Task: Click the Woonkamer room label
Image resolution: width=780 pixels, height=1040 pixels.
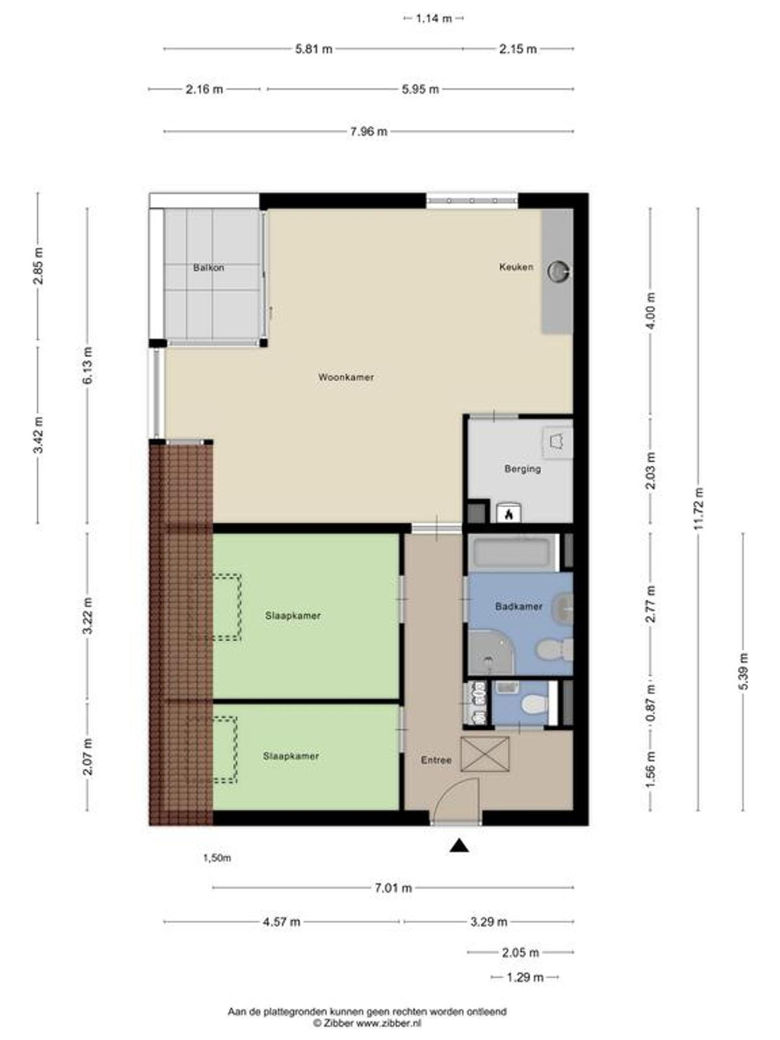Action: click(x=346, y=377)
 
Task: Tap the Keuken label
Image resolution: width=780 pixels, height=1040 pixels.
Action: click(x=516, y=266)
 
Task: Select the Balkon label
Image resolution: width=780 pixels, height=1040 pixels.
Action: click(x=209, y=268)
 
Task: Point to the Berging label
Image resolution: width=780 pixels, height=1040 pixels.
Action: click(x=523, y=469)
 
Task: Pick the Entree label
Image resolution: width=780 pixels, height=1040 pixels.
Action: click(x=436, y=760)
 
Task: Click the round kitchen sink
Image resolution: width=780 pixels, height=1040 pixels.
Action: click(x=558, y=272)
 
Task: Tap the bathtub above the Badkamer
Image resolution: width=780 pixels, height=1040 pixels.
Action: click(x=513, y=552)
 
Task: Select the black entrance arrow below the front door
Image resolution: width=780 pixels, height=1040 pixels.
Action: click(x=459, y=845)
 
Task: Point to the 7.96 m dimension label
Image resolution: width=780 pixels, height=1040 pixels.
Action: click(x=369, y=132)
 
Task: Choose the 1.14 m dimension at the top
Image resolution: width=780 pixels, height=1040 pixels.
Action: click(x=434, y=19)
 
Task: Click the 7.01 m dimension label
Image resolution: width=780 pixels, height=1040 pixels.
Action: click(x=393, y=888)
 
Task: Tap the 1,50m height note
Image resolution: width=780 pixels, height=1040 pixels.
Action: click(x=217, y=858)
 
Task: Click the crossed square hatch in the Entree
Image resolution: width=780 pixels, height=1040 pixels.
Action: click(x=484, y=754)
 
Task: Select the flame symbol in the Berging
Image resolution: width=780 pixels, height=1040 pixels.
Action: click(x=509, y=513)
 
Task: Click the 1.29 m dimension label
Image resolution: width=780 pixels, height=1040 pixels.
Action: click(x=525, y=977)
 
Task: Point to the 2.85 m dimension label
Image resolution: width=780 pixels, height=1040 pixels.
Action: click(x=38, y=266)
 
